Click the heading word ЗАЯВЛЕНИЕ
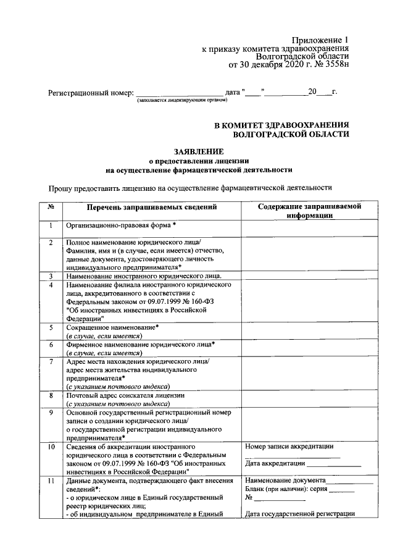199,151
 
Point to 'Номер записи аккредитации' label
289,446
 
